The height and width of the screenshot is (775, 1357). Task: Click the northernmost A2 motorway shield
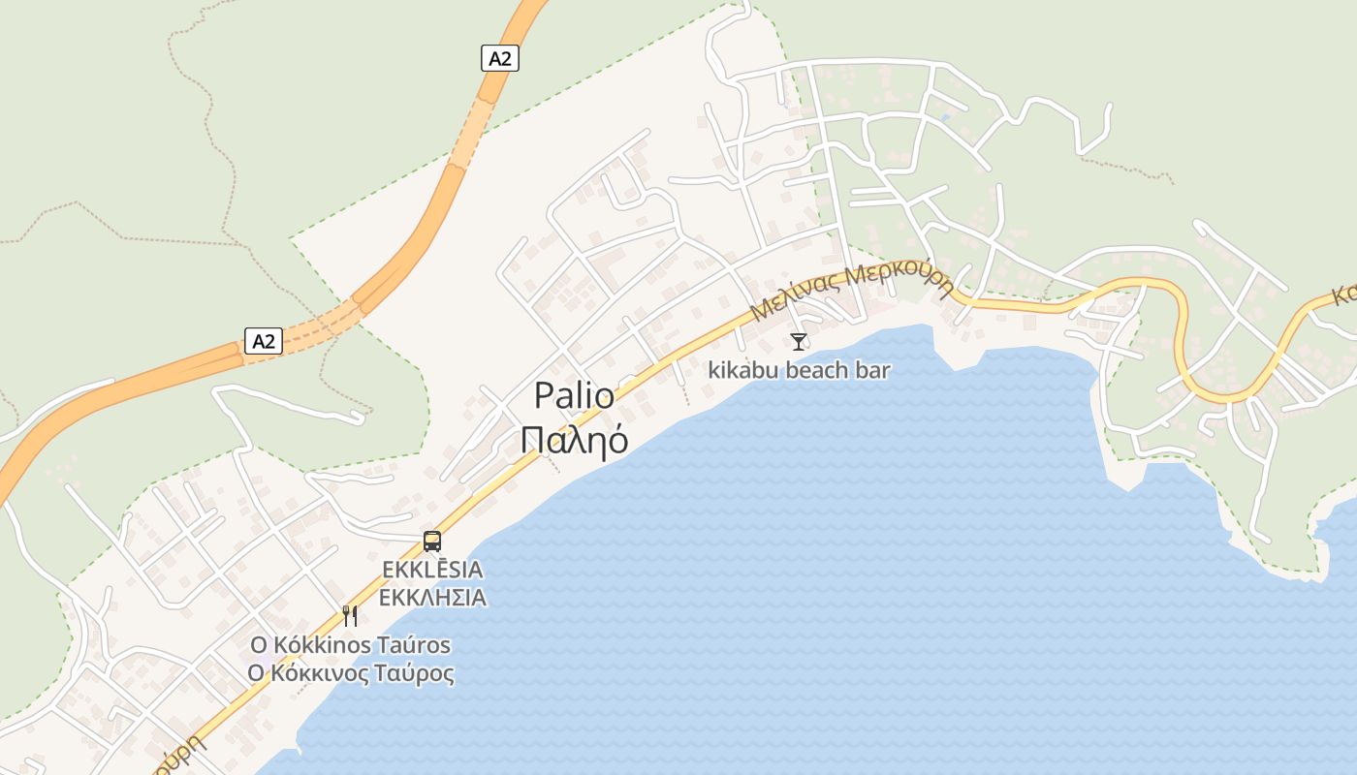coord(499,58)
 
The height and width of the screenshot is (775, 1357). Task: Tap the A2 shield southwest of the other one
coord(264,341)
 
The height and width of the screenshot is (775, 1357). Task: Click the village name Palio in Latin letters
coord(574,396)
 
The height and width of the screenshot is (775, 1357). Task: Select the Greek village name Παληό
coord(574,439)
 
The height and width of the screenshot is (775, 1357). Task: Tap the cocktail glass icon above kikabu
coord(798,341)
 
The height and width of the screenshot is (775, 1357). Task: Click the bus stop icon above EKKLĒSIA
coord(432,542)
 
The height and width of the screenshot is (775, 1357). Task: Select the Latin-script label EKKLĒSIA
coord(432,570)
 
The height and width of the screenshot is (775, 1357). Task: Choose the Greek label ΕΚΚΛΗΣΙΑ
coord(432,597)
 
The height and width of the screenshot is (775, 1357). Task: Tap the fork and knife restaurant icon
coord(350,615)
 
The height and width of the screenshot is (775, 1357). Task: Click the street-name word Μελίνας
coord(793,297)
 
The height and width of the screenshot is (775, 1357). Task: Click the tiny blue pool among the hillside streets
coord(944,118)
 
